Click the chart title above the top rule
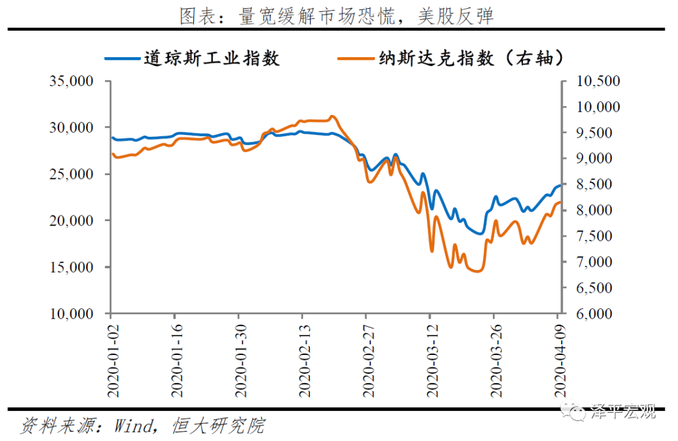(336, 16)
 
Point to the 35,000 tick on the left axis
(72, 81)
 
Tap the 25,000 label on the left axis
(72, 174)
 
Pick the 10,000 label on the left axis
(72, 313)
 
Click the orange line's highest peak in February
(332, 116)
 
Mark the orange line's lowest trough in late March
(476, 271)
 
